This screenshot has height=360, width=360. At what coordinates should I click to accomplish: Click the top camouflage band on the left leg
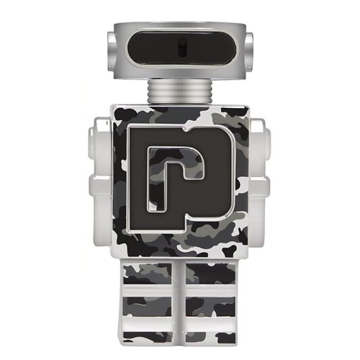click(148, 274)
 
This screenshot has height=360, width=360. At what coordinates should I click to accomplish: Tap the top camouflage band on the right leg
click(212, 274)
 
